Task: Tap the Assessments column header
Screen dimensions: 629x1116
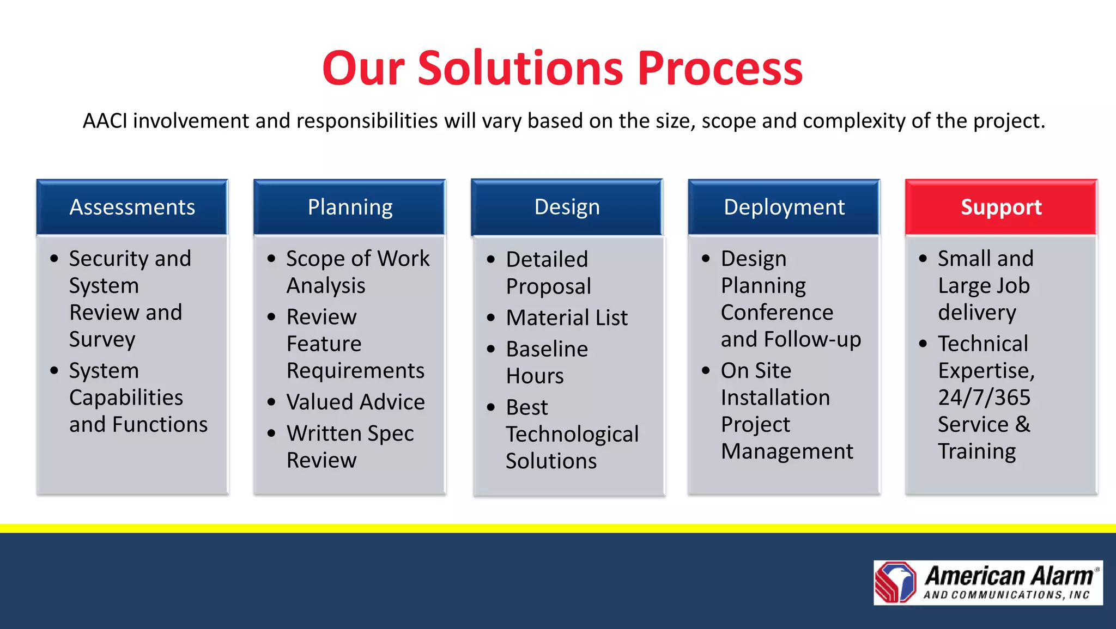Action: click(x=132, y=207)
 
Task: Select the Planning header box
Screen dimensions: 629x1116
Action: click(x=350, y=207)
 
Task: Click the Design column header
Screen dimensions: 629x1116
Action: click(x=567, y=207)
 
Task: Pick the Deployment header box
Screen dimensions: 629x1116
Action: click(x=784, y=207)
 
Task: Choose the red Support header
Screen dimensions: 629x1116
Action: click(x=1001, y=207)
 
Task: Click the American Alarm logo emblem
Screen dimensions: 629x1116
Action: click(x=896, y=582)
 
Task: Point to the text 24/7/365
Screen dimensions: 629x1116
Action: click(x=984, y=398)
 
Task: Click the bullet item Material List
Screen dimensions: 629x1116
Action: click(x=567, y=317)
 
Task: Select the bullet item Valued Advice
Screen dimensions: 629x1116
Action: click(x=355, y=402)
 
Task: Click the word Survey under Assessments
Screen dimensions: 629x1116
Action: click(x=102, y=339)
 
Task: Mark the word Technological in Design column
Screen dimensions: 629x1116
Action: click(x=572, y=434)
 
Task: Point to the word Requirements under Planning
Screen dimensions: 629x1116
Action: click(x=355, y=371)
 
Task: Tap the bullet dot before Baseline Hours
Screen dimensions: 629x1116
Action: click(x=491, y=349)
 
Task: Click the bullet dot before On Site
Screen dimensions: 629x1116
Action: click(x=706, y=371)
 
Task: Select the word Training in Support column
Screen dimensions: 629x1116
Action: click(x=976, y=451)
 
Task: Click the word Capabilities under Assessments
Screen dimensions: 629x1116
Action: click(x=126, y=398)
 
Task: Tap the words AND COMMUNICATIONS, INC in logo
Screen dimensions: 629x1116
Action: click(x=1006, y=595)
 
